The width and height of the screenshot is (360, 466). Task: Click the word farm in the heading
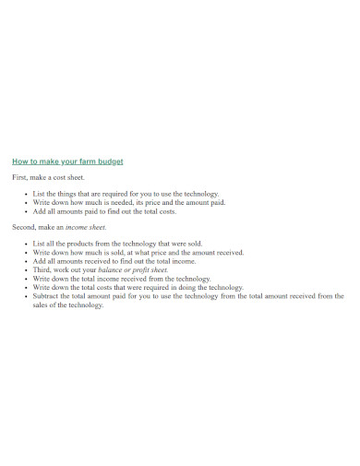[x=85, y=161]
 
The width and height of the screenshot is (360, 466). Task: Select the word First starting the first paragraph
[x=19, y=176]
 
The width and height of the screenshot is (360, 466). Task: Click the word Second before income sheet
[x=24, y=226]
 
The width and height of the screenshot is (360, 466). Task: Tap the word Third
[x=42, y=269]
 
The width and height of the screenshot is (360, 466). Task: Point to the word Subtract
[x=48, y=296]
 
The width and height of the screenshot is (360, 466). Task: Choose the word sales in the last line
[x=42, y=305]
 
